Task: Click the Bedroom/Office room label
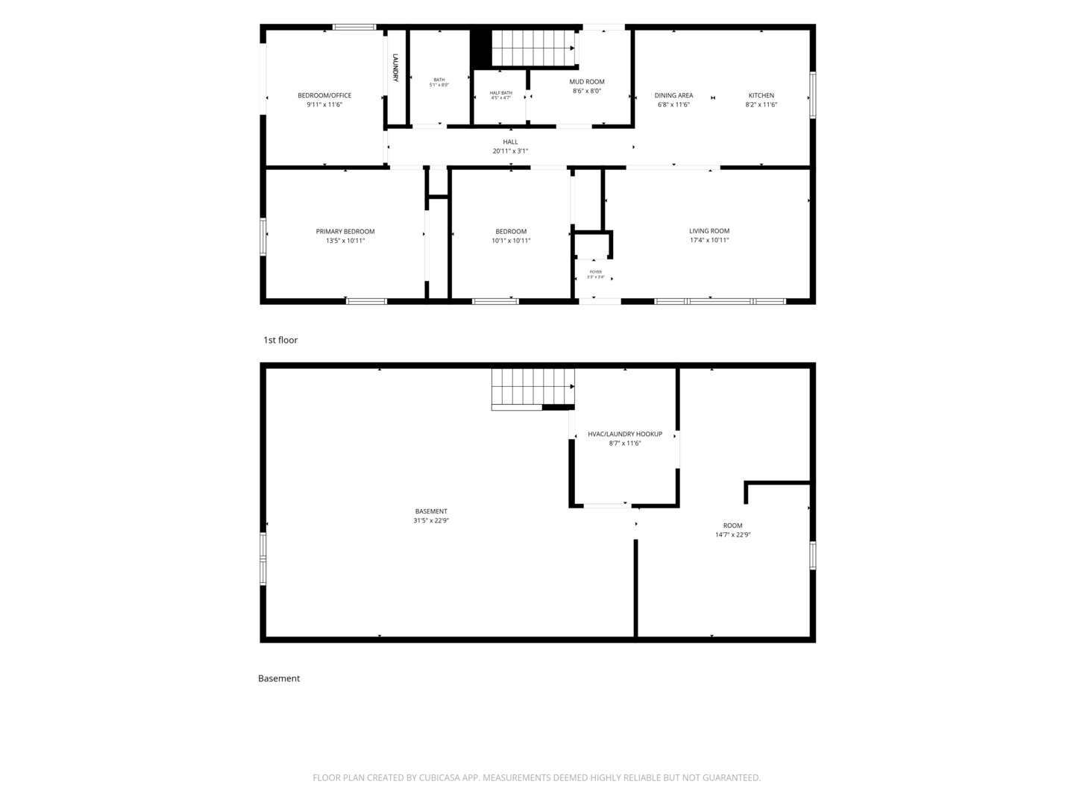point(324,95)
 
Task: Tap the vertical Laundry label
point(395,67)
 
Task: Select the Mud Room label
point(587,82)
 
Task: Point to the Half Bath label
point(501,93)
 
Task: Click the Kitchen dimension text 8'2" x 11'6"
point(761,104)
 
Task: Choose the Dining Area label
point(673,95)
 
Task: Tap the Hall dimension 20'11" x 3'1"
point(510,151)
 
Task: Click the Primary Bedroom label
point(345,232)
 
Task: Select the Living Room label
point(709,231)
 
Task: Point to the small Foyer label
point(595,272)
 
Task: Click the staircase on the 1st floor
point(533,48)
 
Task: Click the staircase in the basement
point(533,389)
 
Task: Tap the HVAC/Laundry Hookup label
point(625,434)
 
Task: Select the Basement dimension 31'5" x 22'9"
point(431,520)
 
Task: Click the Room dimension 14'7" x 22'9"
point(732,534)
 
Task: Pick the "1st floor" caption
point(280,340)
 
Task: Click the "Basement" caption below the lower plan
point(279,678)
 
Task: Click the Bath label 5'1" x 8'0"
point(439,82)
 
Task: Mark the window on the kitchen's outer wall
point(812,95)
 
